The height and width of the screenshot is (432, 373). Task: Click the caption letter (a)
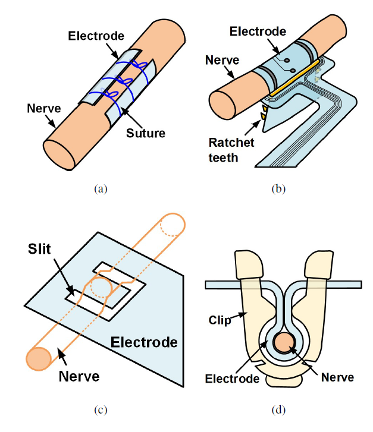100,189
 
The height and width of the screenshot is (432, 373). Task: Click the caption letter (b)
277,189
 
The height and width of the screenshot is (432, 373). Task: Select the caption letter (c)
100,409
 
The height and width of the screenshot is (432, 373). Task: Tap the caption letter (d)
277,409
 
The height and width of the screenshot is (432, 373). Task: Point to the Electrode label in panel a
96,36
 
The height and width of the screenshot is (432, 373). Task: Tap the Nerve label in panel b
221,59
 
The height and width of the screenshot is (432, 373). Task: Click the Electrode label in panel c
145,342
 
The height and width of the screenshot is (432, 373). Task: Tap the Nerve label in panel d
337,377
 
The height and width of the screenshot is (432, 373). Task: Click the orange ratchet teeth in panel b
261,115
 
